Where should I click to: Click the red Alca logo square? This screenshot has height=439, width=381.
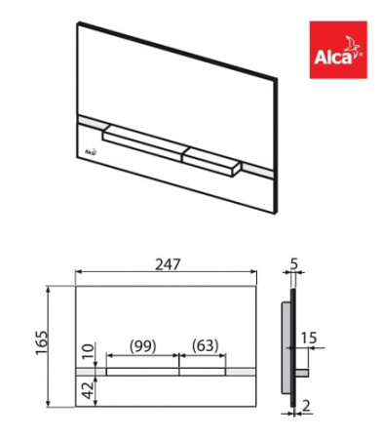338,50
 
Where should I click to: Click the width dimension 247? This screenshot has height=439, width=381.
168,264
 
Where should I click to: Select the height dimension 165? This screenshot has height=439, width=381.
43,342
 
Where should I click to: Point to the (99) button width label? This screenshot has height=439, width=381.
143,346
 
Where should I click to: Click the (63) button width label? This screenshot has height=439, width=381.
205,346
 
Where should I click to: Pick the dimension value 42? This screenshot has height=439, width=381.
88,390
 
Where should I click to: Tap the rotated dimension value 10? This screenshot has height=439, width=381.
89,350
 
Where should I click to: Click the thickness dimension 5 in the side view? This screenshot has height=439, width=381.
294,264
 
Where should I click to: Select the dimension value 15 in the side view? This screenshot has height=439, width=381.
308,338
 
